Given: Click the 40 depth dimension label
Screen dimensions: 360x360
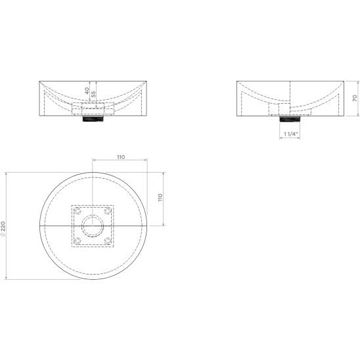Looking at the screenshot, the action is tap(87, 91).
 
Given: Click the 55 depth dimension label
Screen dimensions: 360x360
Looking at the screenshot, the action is tap(93, 94).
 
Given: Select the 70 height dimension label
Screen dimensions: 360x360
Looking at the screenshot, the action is tap(355, 99).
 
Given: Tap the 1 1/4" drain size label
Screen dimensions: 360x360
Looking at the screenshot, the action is tap(291, 134).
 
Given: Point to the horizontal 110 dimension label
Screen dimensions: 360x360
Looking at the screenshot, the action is tap(121, 157).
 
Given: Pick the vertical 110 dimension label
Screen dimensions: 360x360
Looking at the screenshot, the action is tap(160, 198).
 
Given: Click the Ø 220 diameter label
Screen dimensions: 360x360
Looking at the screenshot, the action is tap(3, 229).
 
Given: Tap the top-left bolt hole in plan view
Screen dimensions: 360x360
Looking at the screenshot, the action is tap(78, 210).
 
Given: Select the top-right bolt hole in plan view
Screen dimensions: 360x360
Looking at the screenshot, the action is tap(108, 210).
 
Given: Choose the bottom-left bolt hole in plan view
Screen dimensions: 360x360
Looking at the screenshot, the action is tap(78, 241).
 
